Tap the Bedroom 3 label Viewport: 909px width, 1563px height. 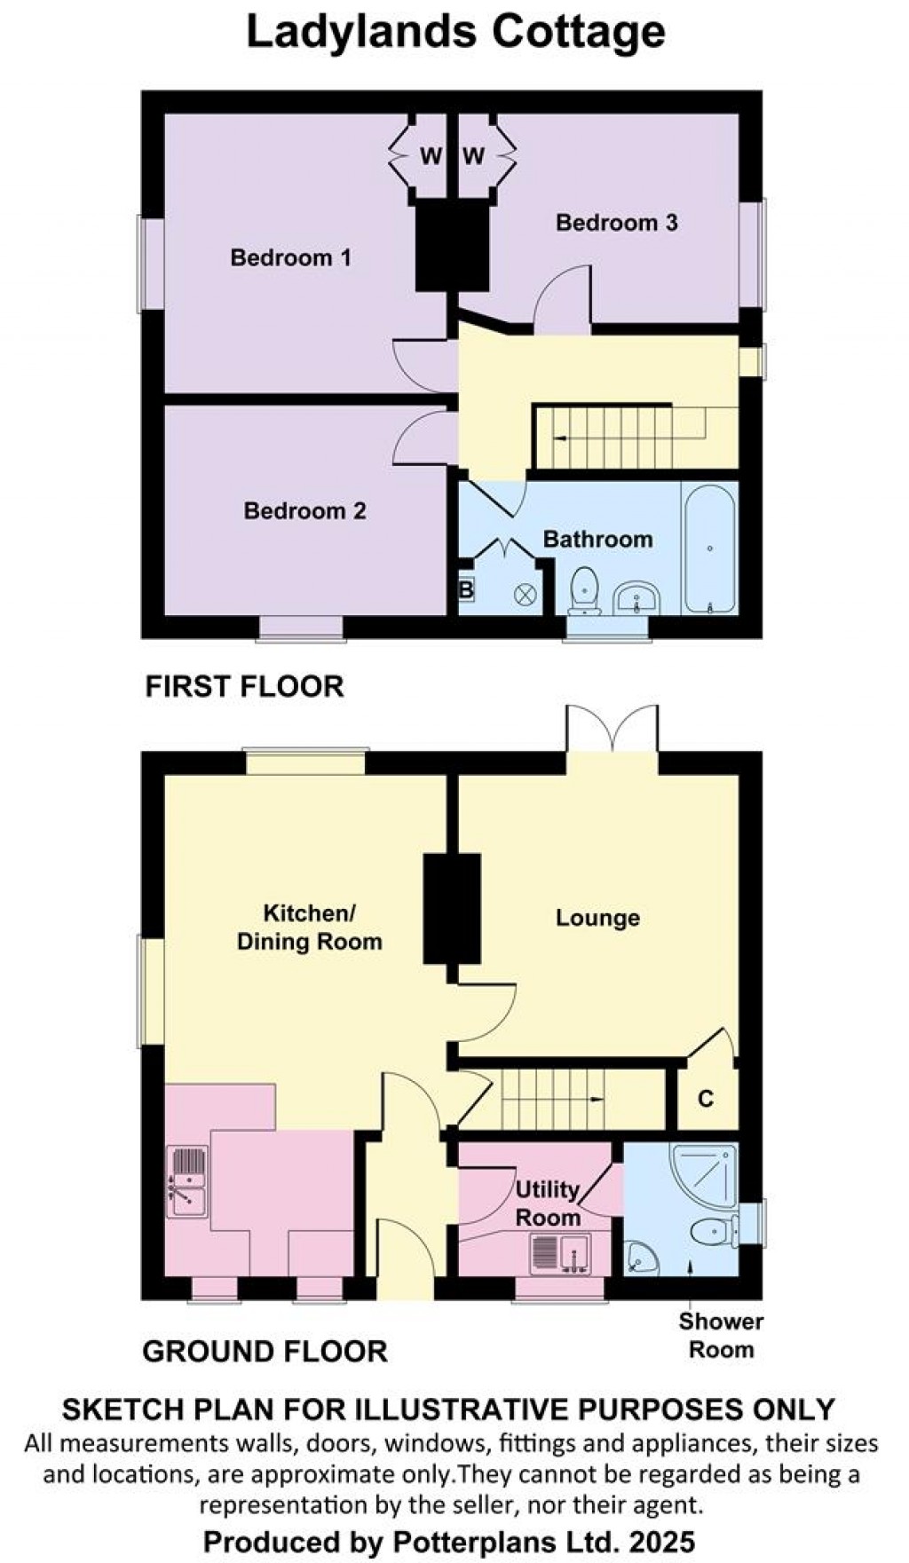tap(616, 223)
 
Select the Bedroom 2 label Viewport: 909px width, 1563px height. tap(304, 511)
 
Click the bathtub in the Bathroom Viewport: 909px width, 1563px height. tap(709, 549)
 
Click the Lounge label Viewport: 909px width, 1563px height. tap(597, 918)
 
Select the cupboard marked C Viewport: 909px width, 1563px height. tap(706, 1099)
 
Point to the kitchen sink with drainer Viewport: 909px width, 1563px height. tap(187, 1181)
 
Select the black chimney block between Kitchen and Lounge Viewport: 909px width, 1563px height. tap(452, 909)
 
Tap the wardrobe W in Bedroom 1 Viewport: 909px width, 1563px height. tap(430, 157)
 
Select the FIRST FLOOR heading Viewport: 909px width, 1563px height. tap(244, 686)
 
